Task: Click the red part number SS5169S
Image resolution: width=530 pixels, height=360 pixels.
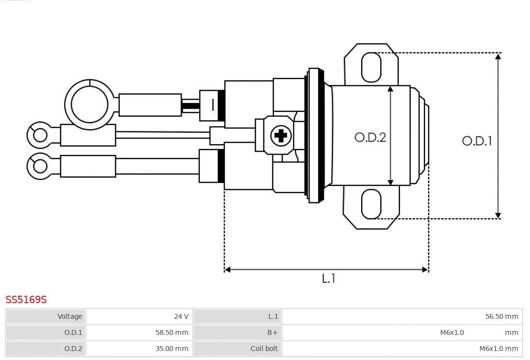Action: point(26,300)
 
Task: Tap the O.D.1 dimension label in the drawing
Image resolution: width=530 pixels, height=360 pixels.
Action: point(477,141)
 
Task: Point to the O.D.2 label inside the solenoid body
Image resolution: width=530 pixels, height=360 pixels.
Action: point(370,137)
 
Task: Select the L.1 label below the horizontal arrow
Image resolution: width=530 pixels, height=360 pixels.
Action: point(328,279)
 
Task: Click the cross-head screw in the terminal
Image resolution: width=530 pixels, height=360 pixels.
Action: point(281,135)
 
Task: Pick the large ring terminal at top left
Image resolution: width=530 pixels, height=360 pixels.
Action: point(89,104)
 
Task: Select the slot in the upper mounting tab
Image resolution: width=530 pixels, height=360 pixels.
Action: point(371,67)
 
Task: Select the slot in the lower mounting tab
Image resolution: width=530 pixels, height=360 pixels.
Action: point(371,204)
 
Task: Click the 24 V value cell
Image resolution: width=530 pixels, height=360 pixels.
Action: point(139,316)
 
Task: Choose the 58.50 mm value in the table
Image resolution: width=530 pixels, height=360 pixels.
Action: point(139,333)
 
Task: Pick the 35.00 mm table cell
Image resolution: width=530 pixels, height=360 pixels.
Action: point(139,349)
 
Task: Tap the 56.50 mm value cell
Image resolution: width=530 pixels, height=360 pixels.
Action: point(402,316)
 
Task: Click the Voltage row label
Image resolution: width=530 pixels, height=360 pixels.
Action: point(46,316)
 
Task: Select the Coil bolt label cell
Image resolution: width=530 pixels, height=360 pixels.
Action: point(238,349)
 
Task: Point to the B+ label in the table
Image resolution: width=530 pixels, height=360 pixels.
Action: point(238,333)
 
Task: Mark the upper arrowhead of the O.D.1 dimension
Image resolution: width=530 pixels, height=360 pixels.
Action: point(498,56)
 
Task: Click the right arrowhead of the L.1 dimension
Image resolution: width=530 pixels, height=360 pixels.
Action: point(425,269)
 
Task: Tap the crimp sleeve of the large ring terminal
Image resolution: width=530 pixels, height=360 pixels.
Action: point(150,105)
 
